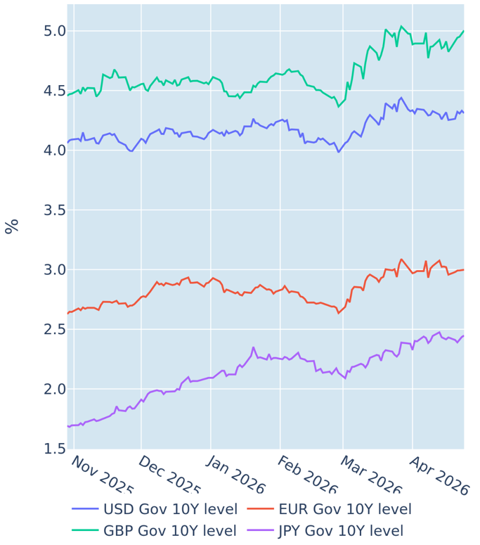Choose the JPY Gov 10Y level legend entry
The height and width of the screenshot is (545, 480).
pyautogui.click(x=340, y=531)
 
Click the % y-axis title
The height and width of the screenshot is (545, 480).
pyautogui.click(x=11, y=226)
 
